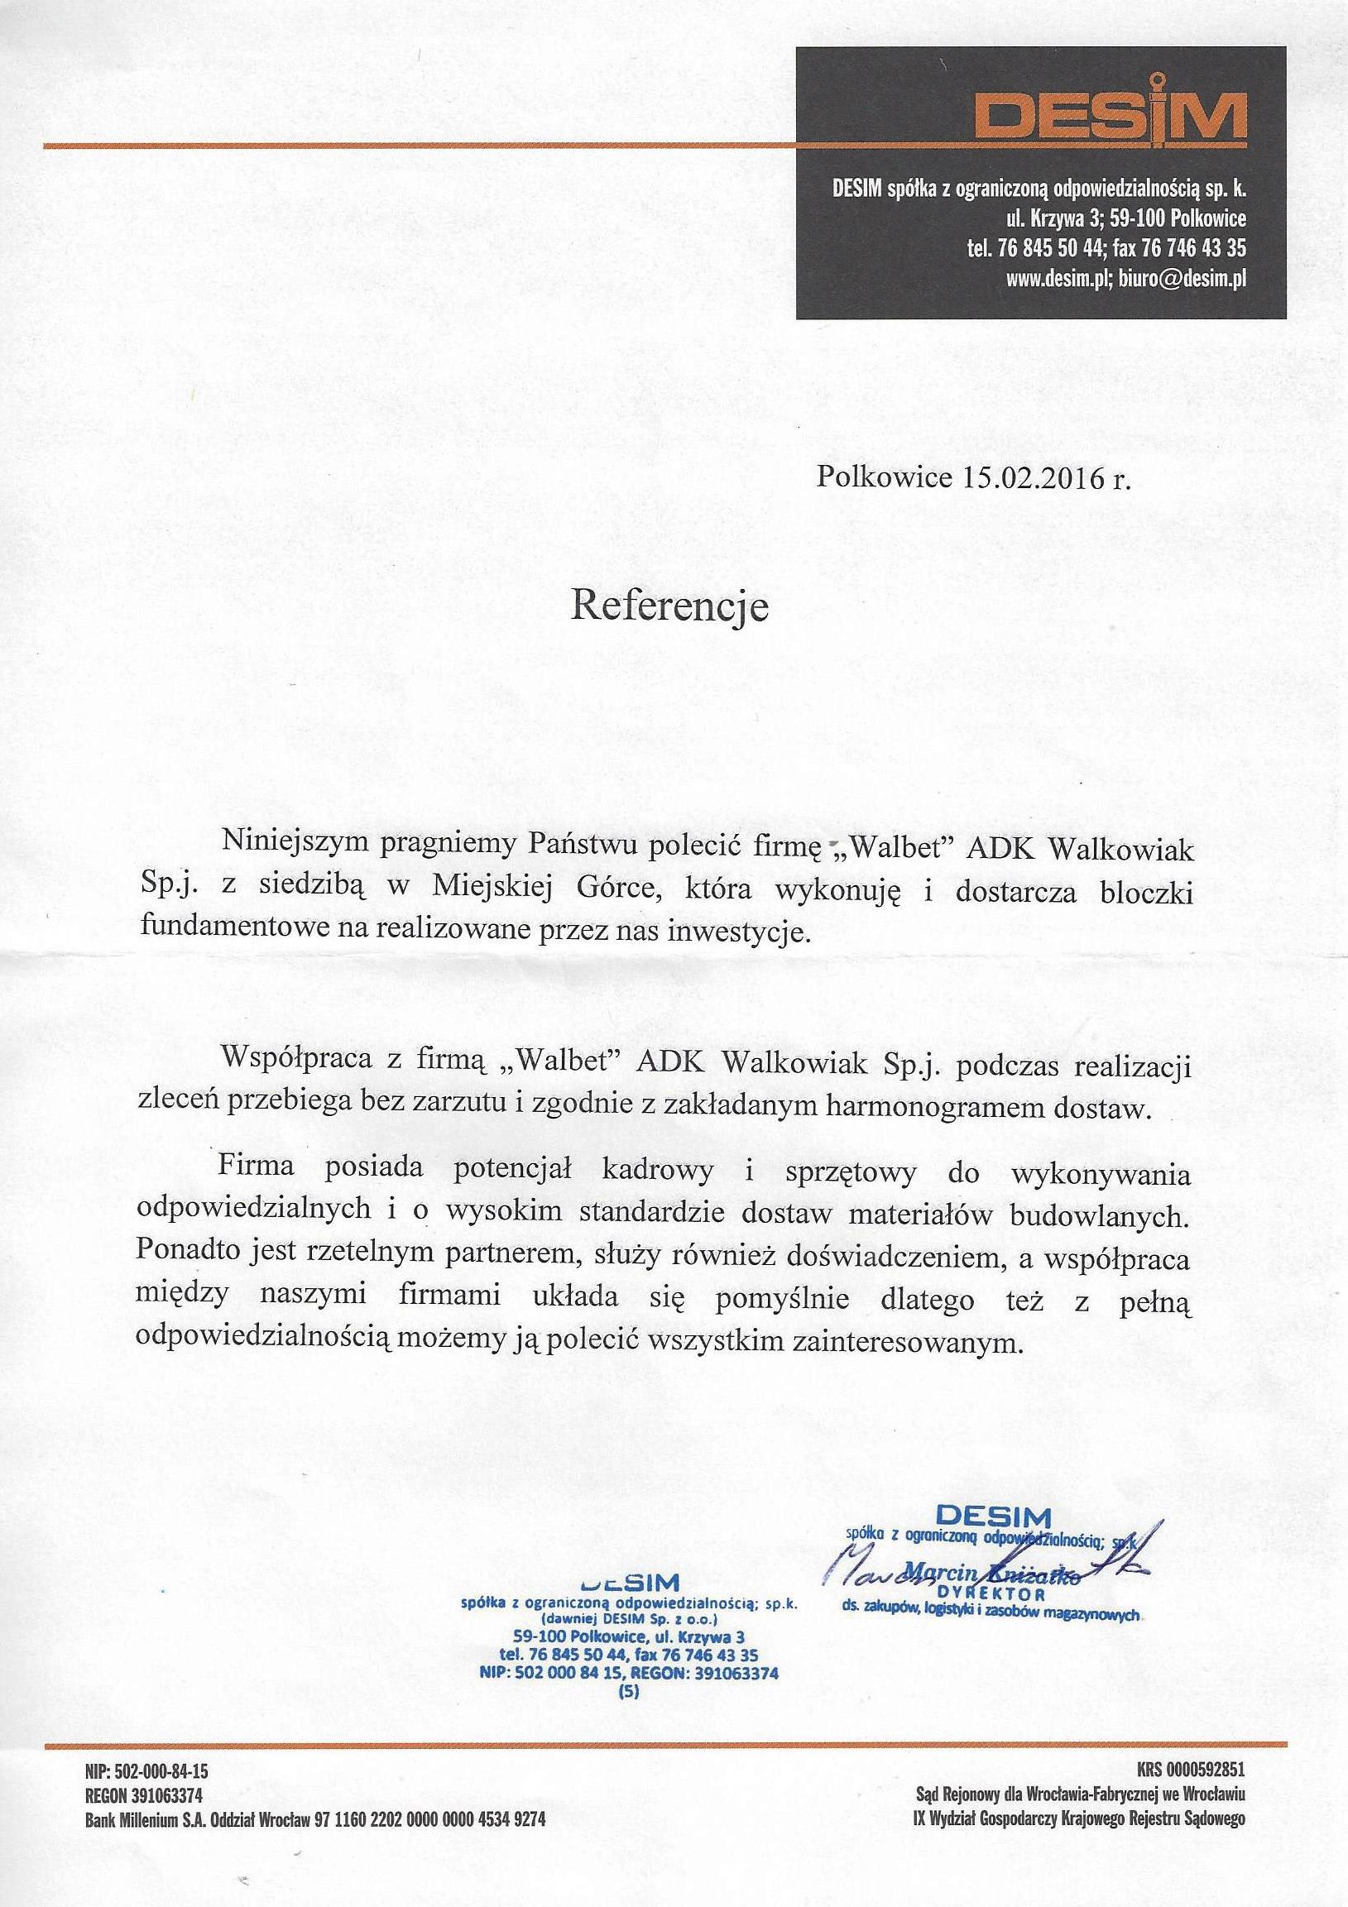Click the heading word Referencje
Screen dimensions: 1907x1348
(x=669, y=606)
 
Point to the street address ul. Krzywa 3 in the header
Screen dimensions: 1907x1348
(x=1054, y=219)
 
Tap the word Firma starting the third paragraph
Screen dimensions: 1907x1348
(x=257, y=1167)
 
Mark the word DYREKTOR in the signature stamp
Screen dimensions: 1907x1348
(x=982, y=1596)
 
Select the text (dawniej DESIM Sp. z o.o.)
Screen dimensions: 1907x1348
(x=629, y=1620)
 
